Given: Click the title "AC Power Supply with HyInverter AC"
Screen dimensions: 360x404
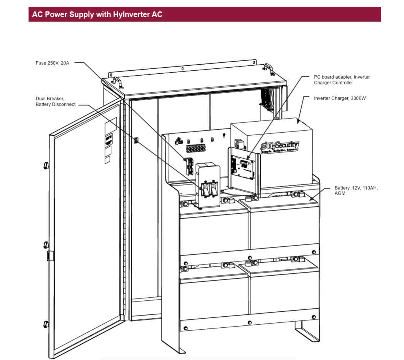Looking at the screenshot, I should pos(97,14).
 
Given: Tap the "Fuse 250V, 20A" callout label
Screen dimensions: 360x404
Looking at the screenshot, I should pos(52,63).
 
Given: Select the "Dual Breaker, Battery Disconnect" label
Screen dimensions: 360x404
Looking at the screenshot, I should pos(56,101).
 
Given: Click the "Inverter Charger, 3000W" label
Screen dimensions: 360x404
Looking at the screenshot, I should pos(339,98).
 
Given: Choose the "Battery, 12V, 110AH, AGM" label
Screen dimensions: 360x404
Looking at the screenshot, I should pos(356,190).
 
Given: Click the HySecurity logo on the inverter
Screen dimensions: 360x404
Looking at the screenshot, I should pos(280,147).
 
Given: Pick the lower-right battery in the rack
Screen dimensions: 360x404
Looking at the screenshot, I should pos(284,289).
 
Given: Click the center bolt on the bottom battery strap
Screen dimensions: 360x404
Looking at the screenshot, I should pos(249,323).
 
